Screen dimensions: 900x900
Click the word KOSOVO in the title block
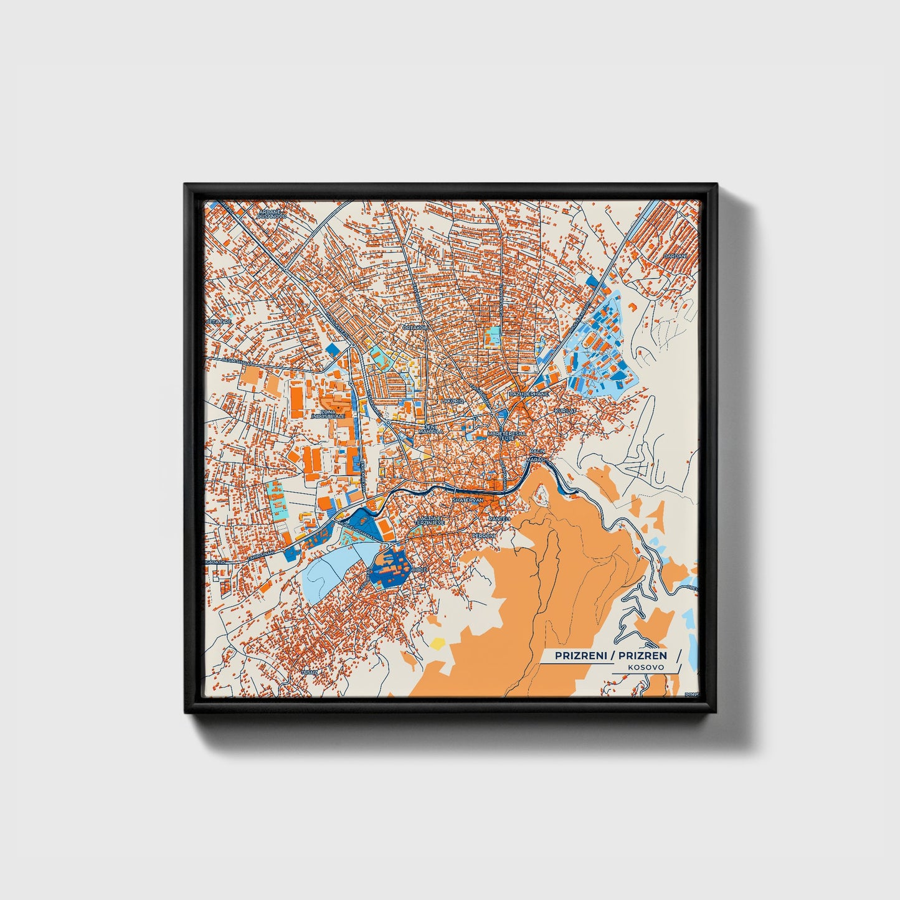coord(645,667)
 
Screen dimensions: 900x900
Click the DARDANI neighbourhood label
coord(674,256)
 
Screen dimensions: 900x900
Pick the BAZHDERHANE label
coord(529,394)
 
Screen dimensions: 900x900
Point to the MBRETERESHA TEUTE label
coord(506,436)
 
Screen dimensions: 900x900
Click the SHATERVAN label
coord(468,500)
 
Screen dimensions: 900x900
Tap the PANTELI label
coord(500,518)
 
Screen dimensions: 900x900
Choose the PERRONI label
coord(483,536)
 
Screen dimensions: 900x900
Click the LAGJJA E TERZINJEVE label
coord(431,520)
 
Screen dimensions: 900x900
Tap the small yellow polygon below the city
coord(438,642)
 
